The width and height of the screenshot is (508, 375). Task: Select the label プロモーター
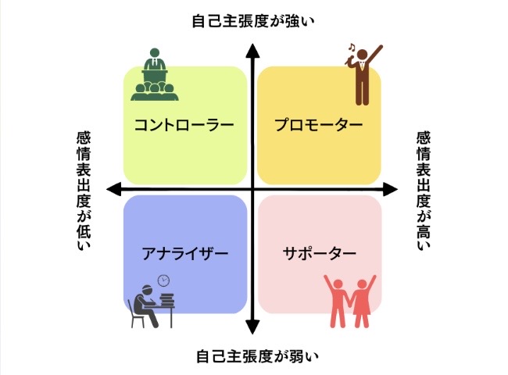pos(319,124)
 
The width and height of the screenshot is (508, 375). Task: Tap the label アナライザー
pos(184,254)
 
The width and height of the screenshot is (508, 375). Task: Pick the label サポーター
pos(319,254)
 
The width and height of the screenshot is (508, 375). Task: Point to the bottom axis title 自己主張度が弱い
pos(252,357)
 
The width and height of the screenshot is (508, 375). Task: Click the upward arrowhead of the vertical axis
pos(252,52)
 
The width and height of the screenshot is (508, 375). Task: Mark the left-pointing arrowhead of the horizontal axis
pos(114,189)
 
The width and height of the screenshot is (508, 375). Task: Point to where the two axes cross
pos(252,189)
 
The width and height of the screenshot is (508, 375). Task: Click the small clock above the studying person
pos(163,280)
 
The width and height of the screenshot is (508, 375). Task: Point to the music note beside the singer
pos(352,50)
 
